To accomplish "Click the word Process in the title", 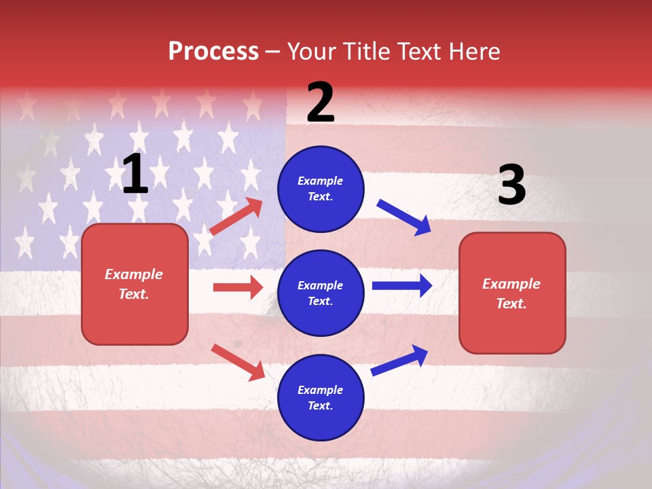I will (213, 52).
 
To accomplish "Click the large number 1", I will (135, 175).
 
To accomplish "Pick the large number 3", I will (511, 185).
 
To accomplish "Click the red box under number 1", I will (134, 284).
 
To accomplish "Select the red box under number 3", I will (512, 293).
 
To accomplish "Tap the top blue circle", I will (321, 189).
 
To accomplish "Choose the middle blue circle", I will (321, 293).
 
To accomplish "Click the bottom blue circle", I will (321, 397).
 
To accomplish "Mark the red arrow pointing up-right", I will (236, 216).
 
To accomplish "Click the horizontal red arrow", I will (238, 287).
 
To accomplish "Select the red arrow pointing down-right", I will (238, 362).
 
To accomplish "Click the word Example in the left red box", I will (134, 274).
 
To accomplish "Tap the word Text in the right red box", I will (511, 304).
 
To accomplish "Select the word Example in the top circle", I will (321, 181).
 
